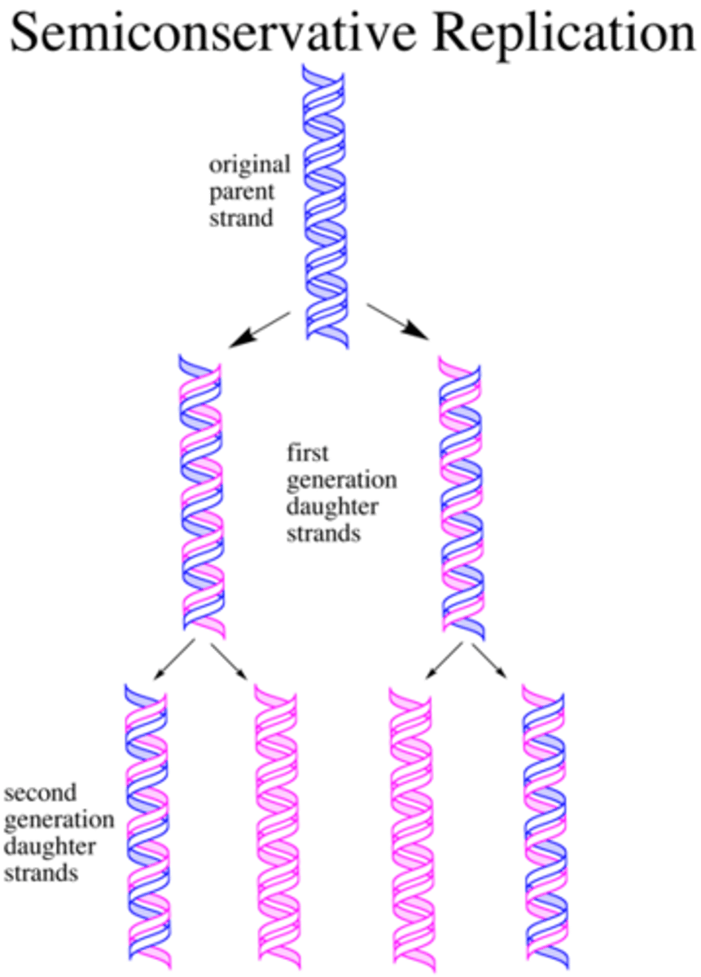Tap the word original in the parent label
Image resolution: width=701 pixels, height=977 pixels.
click(x=248, y=165)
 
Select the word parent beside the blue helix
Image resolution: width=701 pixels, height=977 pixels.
click(x=241, y=192)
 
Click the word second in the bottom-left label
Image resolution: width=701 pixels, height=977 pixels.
click(x=41, y=792)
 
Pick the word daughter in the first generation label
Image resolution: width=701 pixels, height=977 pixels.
click(x=331, y=507)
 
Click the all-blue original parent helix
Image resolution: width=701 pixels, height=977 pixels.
click(x=326, y=208)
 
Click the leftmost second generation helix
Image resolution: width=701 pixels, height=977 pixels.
click(x=147, y=822)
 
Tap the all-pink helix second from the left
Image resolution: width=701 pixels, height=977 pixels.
click(x=276, y=822)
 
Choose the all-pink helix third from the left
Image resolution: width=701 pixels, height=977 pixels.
click(x=412, y=822)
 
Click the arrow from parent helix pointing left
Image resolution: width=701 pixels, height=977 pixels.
click(x=258, y=329)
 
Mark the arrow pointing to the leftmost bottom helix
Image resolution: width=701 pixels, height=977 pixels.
click(x=173, y=660)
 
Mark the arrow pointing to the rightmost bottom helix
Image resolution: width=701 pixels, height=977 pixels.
click(x=489, y=660)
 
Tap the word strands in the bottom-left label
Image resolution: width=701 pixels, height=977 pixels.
click(x=41, y=874)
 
